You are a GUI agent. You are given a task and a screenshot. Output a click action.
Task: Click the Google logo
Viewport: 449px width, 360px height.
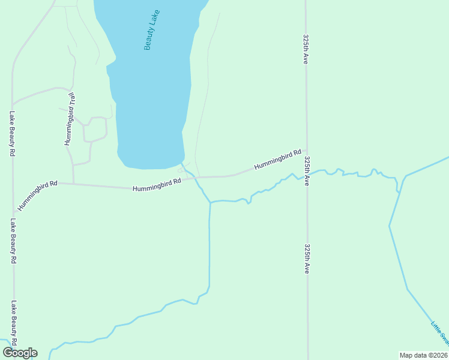20,353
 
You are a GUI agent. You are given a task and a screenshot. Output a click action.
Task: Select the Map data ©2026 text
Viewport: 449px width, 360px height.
423,355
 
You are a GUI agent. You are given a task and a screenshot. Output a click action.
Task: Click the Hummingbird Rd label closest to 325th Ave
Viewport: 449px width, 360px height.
277,159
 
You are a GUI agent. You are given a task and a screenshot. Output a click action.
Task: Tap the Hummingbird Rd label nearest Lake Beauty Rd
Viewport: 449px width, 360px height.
37,195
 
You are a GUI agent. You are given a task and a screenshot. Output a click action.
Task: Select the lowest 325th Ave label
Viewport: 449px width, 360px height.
307,259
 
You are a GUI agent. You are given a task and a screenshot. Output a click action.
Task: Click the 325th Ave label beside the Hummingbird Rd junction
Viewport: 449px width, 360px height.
307,171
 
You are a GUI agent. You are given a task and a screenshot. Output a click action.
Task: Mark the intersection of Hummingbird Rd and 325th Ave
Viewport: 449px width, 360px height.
306,150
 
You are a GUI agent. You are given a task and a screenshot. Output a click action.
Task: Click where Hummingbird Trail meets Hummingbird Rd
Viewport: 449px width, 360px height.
73,183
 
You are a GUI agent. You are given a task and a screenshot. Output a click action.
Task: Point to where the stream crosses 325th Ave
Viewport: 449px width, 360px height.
307,174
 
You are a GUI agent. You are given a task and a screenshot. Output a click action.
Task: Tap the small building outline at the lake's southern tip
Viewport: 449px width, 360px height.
180,170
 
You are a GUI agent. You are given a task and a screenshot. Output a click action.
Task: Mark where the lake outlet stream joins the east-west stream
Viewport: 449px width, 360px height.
210,202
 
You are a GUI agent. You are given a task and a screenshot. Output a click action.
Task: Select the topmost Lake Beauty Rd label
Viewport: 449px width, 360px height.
11,133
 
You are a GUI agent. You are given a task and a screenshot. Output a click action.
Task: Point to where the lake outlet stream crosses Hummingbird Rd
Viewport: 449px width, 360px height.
194,178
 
